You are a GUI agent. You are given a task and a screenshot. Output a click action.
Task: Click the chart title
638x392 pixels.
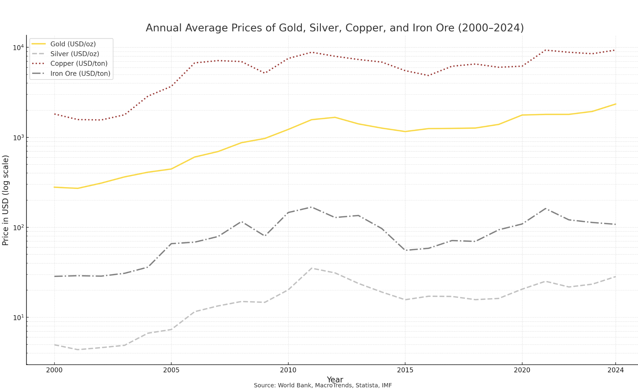335,28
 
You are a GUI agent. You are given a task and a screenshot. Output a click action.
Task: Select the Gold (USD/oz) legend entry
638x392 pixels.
73,44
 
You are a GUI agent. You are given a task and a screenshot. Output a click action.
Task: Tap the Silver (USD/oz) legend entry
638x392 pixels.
74,54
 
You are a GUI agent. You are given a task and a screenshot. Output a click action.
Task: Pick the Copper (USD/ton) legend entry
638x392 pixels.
79,63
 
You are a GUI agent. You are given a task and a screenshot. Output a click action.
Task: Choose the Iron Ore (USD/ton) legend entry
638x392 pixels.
80,74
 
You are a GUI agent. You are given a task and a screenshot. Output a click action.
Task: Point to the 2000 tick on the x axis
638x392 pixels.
54,370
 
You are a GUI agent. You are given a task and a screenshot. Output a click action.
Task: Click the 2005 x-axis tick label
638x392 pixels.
171,370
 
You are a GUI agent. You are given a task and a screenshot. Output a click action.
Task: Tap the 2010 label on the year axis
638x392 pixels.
288,370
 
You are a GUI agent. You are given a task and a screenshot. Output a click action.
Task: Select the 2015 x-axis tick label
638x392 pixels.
405,370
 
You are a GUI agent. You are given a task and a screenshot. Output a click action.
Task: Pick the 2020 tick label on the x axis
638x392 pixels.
522,370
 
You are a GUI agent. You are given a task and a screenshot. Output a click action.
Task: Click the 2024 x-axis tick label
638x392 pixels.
616,370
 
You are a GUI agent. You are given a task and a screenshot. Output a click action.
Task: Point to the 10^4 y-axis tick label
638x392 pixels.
18,48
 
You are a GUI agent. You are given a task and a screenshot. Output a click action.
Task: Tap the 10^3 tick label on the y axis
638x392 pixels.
18,138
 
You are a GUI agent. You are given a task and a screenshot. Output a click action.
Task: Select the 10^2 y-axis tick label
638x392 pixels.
18,228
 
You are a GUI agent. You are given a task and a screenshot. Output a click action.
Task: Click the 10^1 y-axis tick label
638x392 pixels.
18,317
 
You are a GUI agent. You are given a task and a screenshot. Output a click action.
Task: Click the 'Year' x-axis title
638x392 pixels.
335,380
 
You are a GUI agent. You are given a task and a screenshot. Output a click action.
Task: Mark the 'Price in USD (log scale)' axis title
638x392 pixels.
6,200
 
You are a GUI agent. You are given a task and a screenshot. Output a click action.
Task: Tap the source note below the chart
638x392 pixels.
323,386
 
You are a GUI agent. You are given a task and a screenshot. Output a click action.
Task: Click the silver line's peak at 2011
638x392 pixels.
312,268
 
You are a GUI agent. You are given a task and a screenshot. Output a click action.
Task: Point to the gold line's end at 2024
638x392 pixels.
616,104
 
